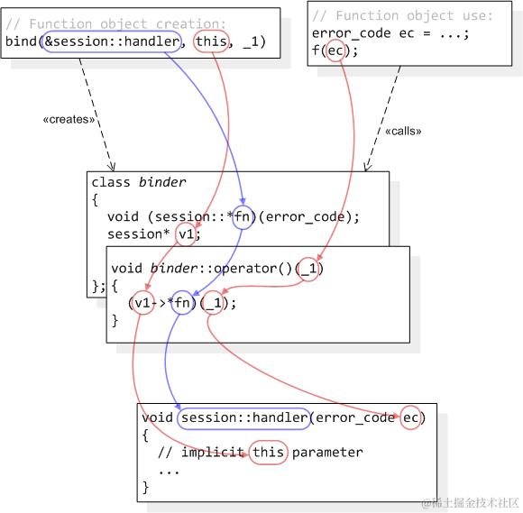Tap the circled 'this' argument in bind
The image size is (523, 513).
tap(210, 41)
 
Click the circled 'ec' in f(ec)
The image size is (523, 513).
tap(335, 50)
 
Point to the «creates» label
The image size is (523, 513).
tap(69, 119)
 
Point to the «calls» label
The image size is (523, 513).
tap(403, 131)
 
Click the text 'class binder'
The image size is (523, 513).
tap(139, 183)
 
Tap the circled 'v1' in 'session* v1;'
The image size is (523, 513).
tap(187, 234)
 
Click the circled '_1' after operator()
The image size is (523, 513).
tap(308, 269)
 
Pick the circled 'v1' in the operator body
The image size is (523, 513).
tap(142, 303)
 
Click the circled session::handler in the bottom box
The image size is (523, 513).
tap(244, 417)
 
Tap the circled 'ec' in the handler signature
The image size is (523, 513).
tap(411, 417)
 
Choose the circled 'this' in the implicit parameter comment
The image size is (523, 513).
tap(268, 453)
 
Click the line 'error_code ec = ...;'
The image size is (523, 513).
tap(390, 33)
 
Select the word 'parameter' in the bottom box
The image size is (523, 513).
tap(326, 453)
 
